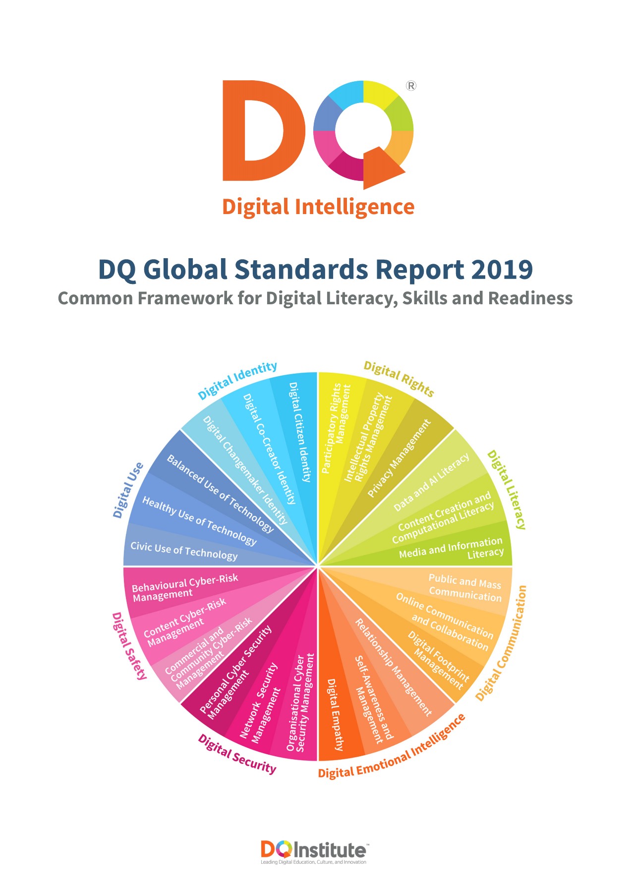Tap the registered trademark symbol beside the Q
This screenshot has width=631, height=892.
[411, 86]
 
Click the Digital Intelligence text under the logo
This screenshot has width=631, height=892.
[318, 207]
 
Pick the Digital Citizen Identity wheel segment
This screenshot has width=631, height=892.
[300, 432]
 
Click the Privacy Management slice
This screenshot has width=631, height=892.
[399, 458]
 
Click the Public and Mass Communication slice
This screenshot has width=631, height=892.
[464, 588]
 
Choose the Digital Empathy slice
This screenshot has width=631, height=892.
[335, 714]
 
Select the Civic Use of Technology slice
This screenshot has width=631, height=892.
[184, 551]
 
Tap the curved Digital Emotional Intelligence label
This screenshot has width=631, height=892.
[392, 748]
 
